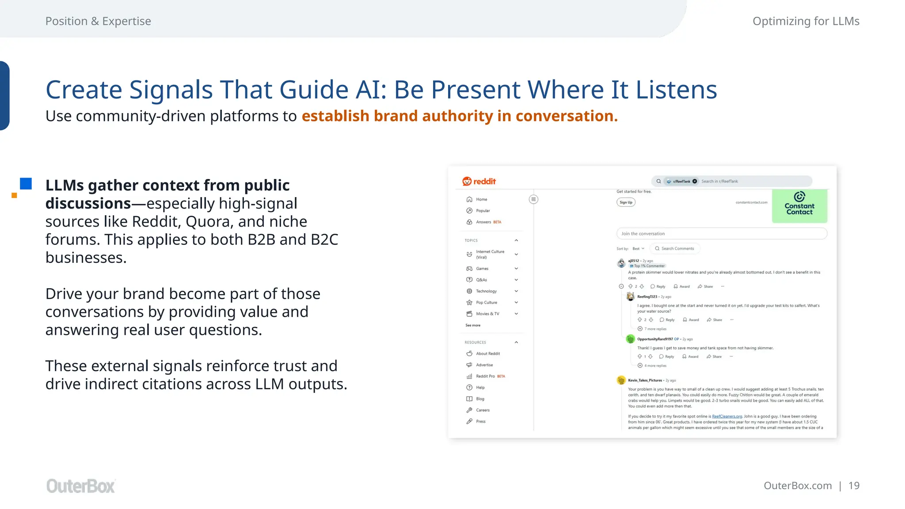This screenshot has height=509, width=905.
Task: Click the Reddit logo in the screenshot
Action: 479,182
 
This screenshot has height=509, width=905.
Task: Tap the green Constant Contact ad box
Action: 799,206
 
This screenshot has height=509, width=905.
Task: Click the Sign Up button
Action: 626,202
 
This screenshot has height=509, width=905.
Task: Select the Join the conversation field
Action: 721,234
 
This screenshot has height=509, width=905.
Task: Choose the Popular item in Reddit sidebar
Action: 483,211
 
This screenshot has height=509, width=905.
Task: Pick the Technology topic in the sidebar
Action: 486,291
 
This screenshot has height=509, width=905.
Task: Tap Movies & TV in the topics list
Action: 487,314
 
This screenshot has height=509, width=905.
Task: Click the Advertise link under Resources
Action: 484,365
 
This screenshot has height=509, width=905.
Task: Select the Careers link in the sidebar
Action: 483,410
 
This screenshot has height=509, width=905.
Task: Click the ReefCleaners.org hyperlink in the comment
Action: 727,416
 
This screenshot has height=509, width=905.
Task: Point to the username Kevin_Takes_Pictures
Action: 645,380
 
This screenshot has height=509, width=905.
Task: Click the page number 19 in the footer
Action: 854,486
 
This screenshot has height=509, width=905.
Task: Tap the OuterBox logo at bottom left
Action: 80,486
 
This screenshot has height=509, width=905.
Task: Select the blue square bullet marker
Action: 26,184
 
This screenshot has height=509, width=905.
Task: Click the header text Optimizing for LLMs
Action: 806,21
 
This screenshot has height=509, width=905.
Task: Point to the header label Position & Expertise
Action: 98,21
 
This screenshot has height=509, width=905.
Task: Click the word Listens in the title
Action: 676,90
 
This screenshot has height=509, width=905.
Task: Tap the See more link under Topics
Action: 472,325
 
